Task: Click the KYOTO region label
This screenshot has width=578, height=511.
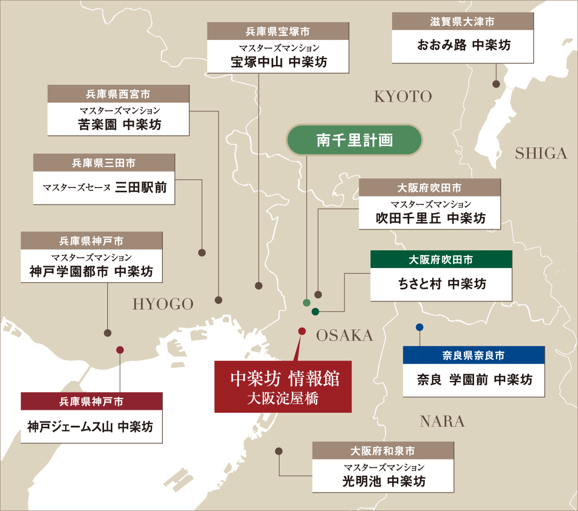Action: (403, 96)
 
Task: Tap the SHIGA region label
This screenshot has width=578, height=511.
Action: (541, 153)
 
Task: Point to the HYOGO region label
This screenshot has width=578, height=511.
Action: (163, 304)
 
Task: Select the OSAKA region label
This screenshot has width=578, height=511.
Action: (344, 336)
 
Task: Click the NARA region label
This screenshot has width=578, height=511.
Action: (442, 421)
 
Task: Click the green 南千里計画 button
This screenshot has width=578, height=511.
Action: (355, 140)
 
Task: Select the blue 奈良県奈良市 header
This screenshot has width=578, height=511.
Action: (473, 355)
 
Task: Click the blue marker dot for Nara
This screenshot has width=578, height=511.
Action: (420, 327)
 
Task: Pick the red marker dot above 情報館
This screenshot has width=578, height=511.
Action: (302, 331)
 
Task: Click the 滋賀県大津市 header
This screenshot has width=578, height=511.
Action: (462, 22)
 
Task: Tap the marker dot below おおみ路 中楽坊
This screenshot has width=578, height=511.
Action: (496, 84)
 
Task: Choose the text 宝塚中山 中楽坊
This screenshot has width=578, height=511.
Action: (278, 62)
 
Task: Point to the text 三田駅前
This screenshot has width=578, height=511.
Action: (141, 187)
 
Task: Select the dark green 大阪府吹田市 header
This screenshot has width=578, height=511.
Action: (441, 260)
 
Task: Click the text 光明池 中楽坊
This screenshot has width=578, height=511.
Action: (383, 481)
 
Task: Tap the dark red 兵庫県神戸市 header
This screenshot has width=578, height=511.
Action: (92, 402)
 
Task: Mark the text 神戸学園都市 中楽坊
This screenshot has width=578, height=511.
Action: (92, 271)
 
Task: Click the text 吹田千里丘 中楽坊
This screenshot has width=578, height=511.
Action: (430, 218)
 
